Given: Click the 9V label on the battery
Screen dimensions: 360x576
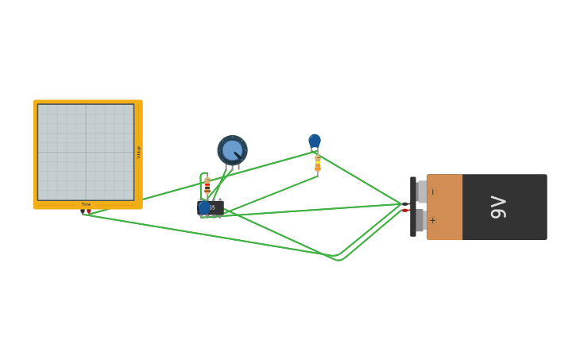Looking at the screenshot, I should click(499, 207).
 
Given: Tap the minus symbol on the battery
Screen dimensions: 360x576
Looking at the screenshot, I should click(433, 192).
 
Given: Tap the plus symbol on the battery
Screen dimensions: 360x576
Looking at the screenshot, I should click(433, 220).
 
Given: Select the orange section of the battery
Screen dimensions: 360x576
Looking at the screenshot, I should click(444, 207).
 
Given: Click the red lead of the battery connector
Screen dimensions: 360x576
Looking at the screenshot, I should click(405, 211).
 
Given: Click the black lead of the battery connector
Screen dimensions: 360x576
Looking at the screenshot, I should click(405, 203).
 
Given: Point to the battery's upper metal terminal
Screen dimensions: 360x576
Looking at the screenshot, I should click(421, 192).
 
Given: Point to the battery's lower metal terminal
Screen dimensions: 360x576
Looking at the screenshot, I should click(420, 220).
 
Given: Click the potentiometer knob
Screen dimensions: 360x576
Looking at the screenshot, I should click(232, 150).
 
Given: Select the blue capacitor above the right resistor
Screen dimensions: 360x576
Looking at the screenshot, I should click(315, 141).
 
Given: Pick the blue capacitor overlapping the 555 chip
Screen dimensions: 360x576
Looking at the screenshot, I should click(204, 207).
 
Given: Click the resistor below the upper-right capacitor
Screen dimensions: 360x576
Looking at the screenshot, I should click(318, 164).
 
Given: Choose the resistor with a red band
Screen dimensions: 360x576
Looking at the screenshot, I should click(207, 186).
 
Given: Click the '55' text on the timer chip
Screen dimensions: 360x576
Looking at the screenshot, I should click(212, 207).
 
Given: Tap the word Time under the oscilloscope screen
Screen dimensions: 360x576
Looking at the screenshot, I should click(86, 204).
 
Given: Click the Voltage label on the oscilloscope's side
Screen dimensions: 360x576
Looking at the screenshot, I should click(138, 152).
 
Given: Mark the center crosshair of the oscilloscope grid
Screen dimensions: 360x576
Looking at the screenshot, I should click(86, 152).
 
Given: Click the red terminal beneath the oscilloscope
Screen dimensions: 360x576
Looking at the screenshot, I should click(89, 211).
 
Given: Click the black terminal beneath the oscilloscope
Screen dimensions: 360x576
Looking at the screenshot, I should click(83, 211).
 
